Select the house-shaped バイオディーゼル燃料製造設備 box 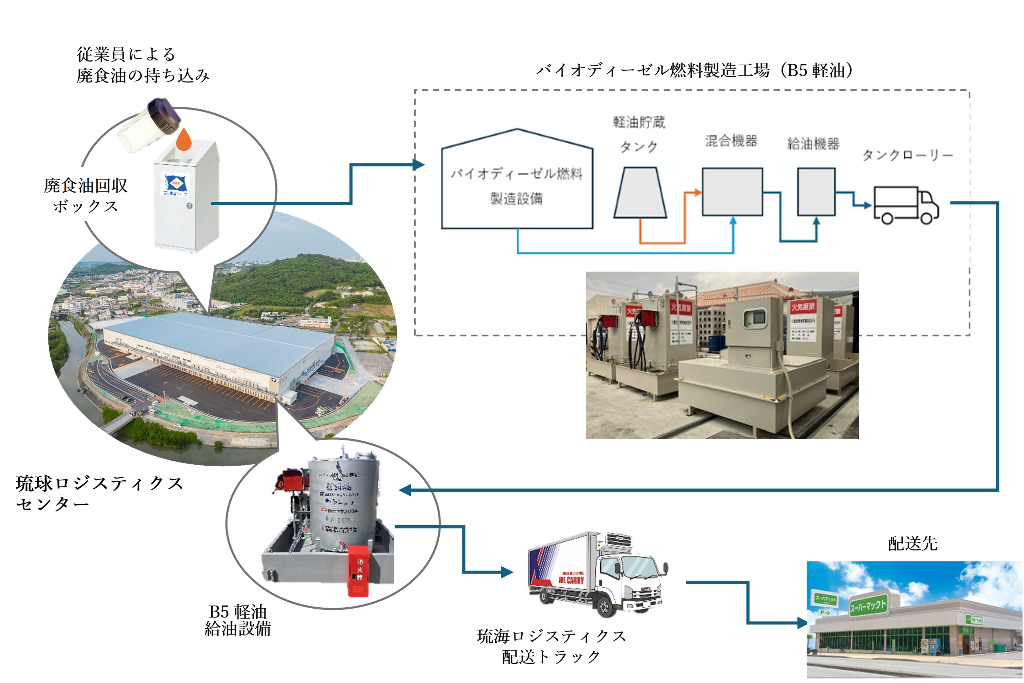pos(517,185)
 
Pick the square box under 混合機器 pos(732,192)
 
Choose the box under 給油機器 pos(816,192)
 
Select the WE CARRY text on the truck pos(571,580)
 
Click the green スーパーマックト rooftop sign pos(868,605)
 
